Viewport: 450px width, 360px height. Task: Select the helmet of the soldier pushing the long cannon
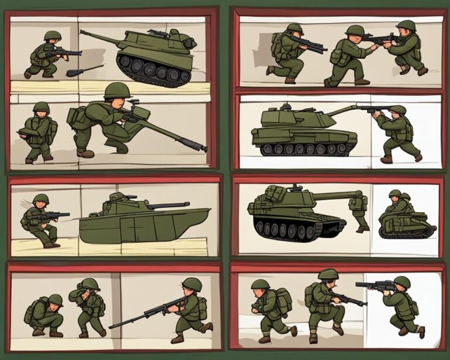click(x=117, y=90)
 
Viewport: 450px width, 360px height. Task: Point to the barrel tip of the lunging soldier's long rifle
click(x=111, y=326)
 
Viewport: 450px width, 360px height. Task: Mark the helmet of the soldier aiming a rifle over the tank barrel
click(x=398, y=110)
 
